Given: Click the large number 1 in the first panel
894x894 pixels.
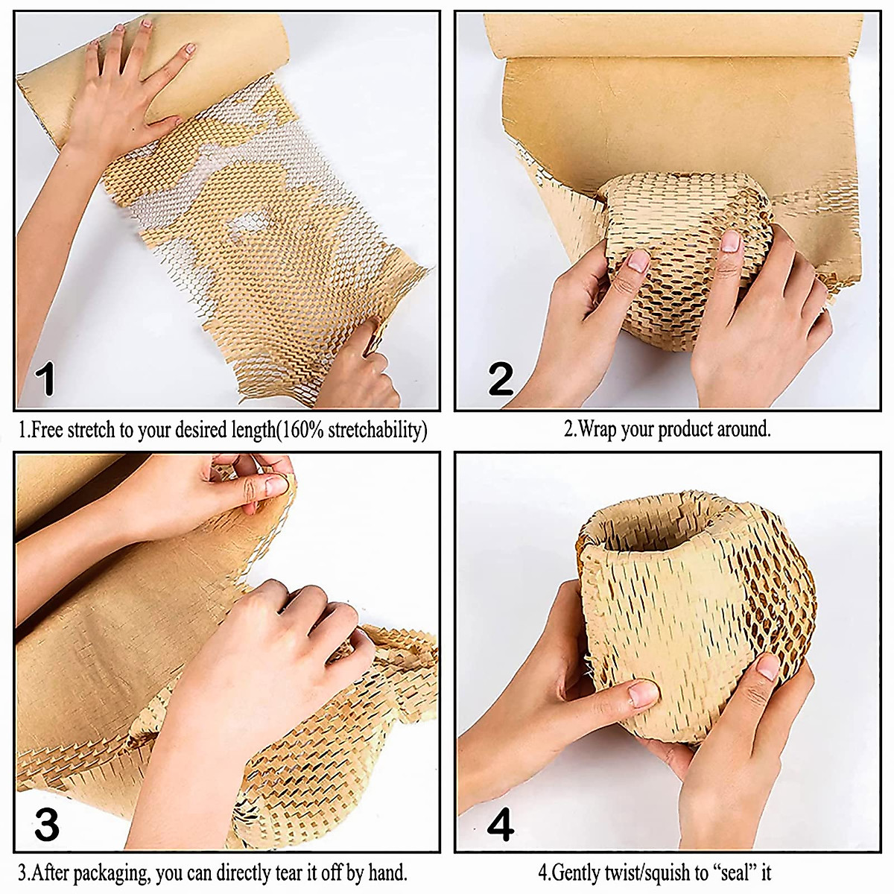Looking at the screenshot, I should (x=46, y=378).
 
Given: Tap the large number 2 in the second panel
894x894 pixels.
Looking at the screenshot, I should (x=501, y=379).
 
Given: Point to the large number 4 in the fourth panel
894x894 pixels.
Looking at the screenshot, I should (x=500, y=825).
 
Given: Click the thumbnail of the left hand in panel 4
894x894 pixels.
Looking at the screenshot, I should (x=642, y=695).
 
